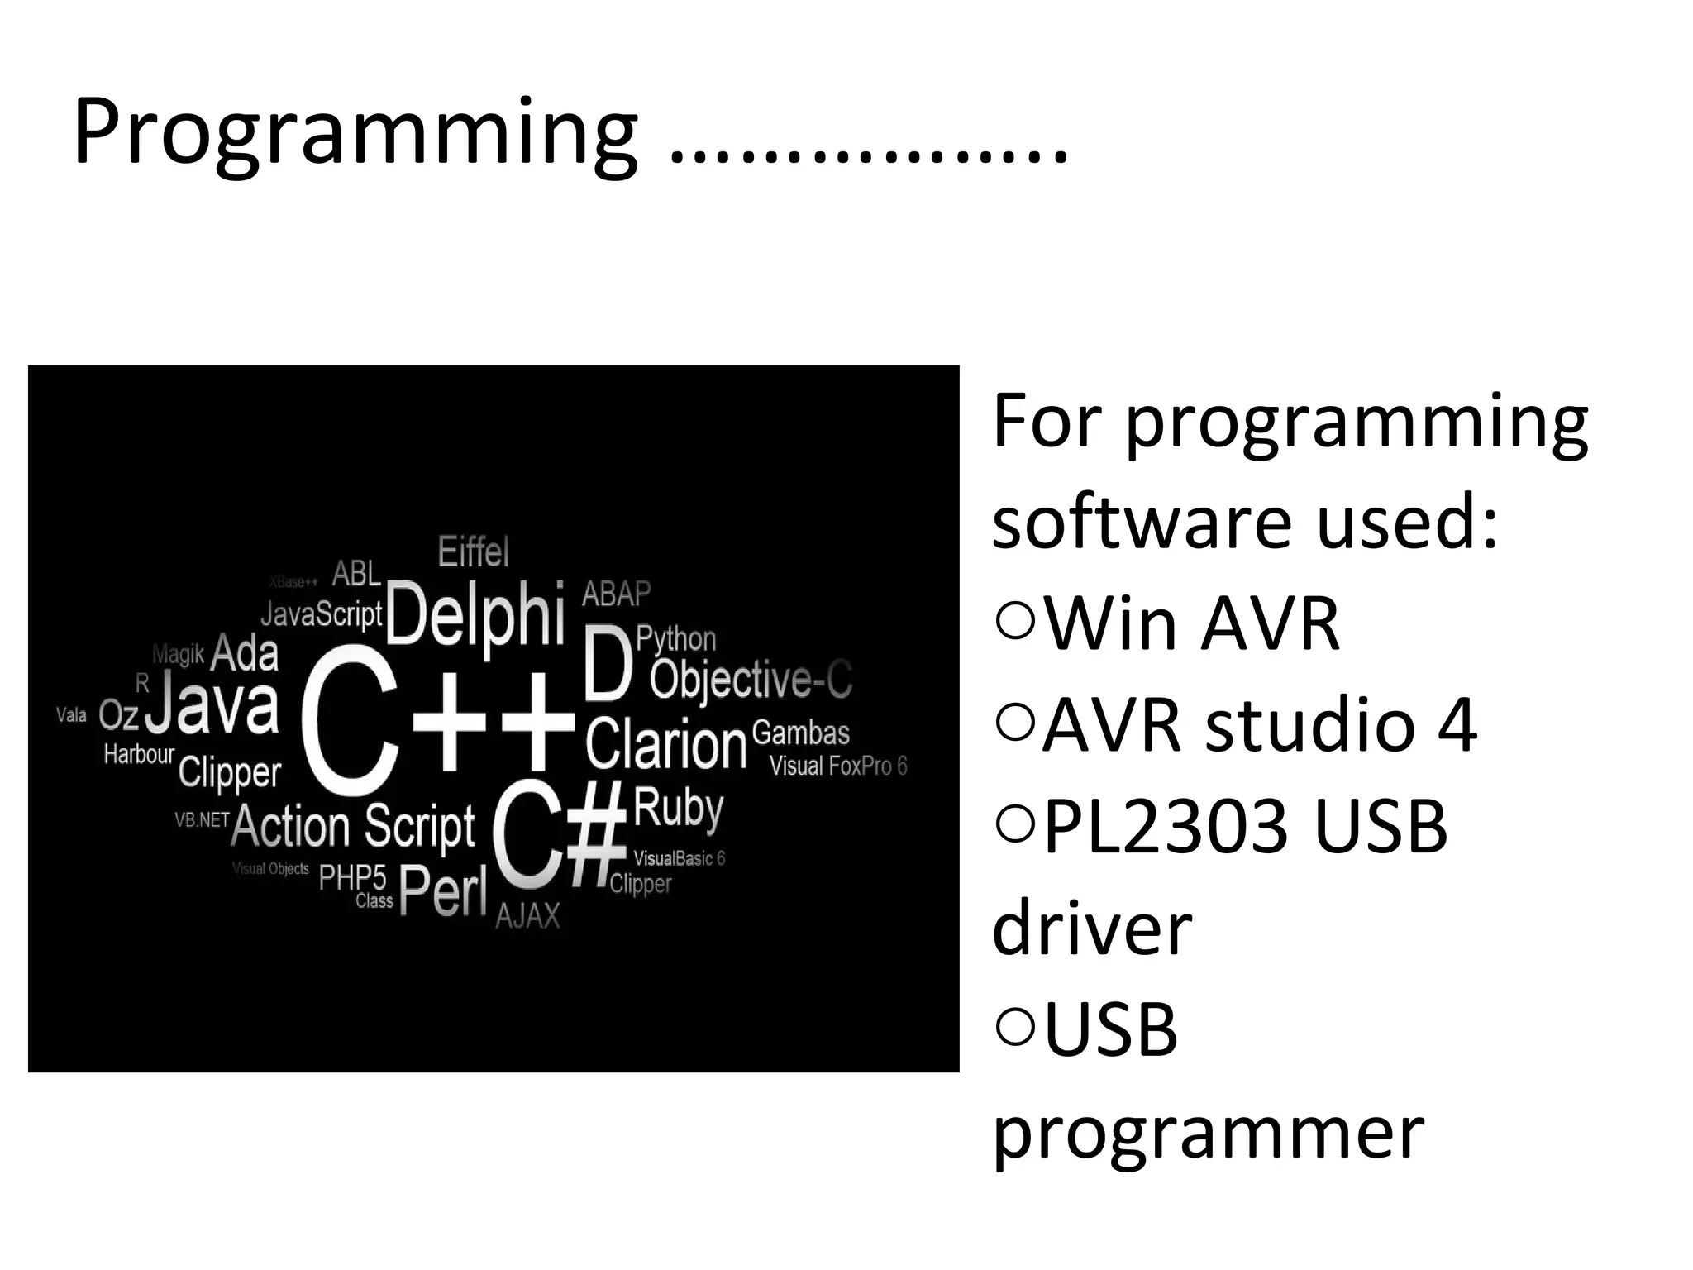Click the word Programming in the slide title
pyautogui.click(x=355, y=132)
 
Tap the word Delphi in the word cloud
pyautogui.click(x=475, y=614)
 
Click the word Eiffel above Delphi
pyautogui.click(x=473, y=551)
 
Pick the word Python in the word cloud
pyautogui.click(x=676, y=639)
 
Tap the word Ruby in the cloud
pyautogui.click(x=679, y=808)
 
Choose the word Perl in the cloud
pyautogui.click(x=443, y=891)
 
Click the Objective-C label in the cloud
pyautogui.click(x=751, y=680)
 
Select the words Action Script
pyautogui.click(x=354, y=826)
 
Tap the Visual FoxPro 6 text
pyautogui.click(x=838, y=766)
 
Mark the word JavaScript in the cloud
pyautogui.click(x=322, y=614)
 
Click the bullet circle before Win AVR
pyautogui.click(x=1016, y=620)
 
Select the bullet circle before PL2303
pyautogui.click(x=1016, y=824)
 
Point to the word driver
pyautogui.click(x=1092, y=929)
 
